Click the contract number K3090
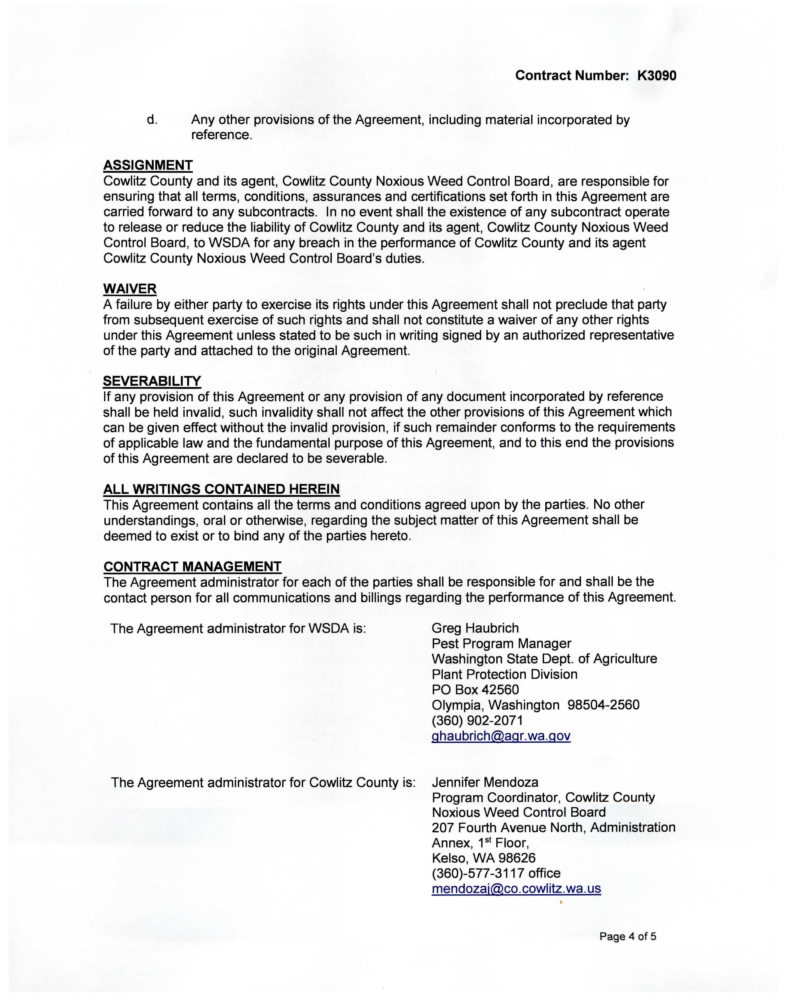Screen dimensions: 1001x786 tap(657, 76)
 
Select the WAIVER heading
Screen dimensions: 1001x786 tap(130, 289)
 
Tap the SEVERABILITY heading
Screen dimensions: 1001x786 tap(152, 381)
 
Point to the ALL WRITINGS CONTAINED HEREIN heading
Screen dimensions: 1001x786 tap(221, 489)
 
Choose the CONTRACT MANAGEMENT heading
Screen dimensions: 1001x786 tap(192, 567)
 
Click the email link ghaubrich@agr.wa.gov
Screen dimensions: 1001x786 tap(501, 736)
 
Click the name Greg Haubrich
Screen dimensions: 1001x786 tap(475, 628)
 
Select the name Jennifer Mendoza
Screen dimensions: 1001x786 tap(485, 782)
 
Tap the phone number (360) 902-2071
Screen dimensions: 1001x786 tap(477, 720)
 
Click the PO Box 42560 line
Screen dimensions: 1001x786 tap(475, 690)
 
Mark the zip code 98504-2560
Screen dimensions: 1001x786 tap(603, 705)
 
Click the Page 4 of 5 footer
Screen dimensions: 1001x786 tap(627, 936)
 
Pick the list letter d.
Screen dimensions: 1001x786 tap(152, 120)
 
